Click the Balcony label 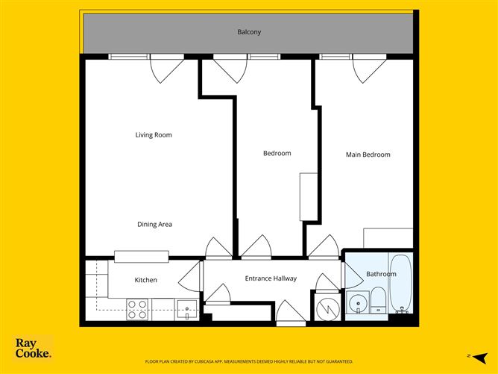(249, 32)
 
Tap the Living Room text (154, 135)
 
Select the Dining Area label (155, 224)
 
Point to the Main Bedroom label (368, 155)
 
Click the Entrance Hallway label (271, 278)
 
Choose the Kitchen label (145, 280)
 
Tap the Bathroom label (381, 274)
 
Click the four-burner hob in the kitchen (137, 309)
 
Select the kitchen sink (186, 309)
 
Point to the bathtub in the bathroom (400, 284)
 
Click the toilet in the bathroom (379, 299)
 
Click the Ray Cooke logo (34, 348)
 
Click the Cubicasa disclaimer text (249, 361)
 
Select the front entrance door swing (290, 313)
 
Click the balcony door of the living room (166, 69)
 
